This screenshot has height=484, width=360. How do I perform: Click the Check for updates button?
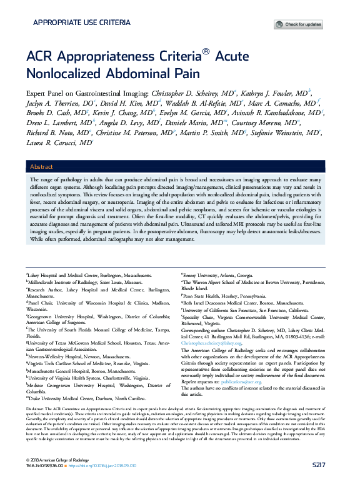tap(299, 24)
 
